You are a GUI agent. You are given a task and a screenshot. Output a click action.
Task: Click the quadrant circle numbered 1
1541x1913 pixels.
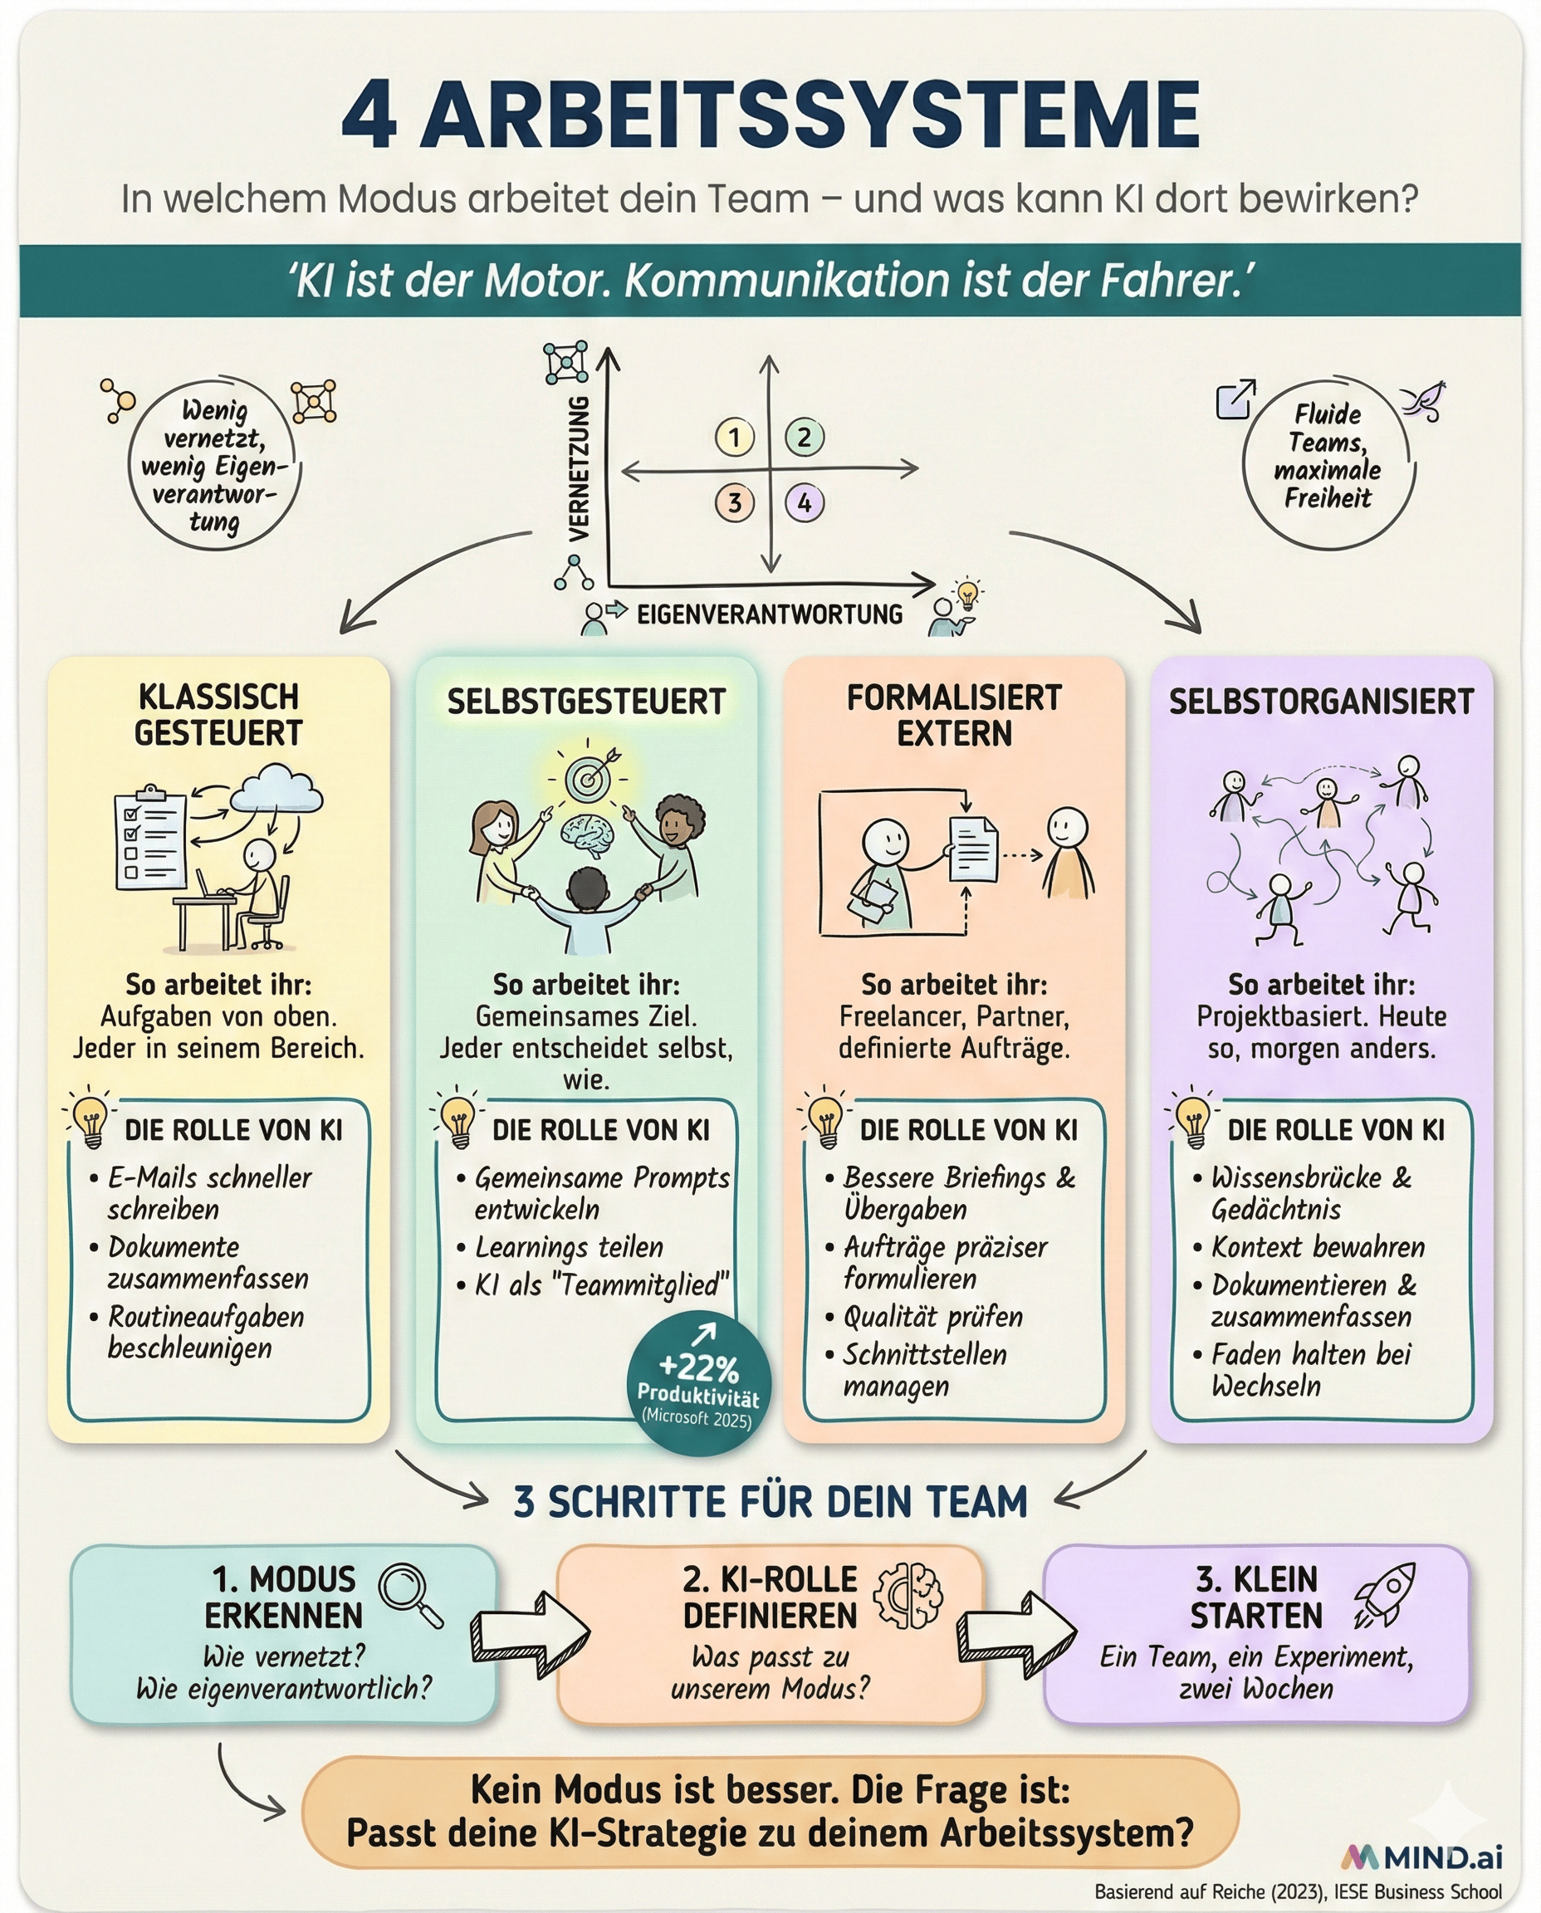[x=734, y=437]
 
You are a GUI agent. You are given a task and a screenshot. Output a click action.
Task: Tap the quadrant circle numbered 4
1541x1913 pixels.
[x=805, y=502]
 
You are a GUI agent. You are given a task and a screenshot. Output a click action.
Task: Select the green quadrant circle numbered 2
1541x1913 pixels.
[x=805, y=437]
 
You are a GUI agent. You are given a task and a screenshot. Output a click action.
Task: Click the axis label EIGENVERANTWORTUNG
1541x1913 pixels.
[x=770, y=614]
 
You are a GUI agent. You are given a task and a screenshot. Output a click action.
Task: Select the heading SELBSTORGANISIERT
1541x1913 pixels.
[x=1321, y=702]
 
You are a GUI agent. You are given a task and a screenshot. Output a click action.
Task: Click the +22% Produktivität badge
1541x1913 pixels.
[x=698, y=1386]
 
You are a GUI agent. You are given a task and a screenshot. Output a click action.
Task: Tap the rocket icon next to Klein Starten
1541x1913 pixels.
[x=1385, y=1595]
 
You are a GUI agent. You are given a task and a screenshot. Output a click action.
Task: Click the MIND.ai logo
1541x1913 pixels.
[x=1422, y=1857]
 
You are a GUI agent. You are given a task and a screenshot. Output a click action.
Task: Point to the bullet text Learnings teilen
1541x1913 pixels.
[x=569, y=1247]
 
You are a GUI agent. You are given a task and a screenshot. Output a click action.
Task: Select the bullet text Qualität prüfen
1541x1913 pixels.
[x=933, y=1317]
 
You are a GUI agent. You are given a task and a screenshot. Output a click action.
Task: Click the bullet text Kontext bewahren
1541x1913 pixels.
[x=1318, y=1247]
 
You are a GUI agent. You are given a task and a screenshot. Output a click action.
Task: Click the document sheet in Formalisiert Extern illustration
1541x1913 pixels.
[x=973, y=849]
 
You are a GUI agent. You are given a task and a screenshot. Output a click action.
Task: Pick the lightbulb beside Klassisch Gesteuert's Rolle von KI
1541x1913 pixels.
[x=90, y=1121]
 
